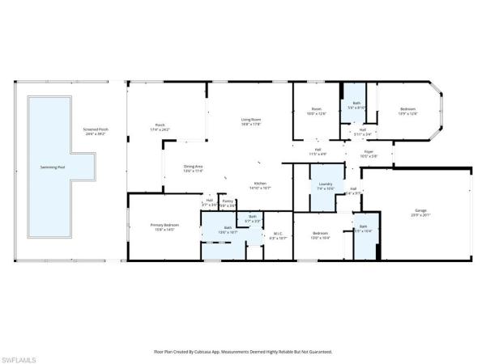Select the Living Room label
(250, 121)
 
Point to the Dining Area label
(194, 168)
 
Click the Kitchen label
(261, 185)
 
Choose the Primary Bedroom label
(164, 226)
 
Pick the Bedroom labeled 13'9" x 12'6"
(407, 111)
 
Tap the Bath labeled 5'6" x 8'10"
(356, 105)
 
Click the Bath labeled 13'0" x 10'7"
(229, 230)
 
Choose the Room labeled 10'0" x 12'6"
(317, 111)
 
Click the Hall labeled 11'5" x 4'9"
(318, 151)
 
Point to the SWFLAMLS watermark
(20, 356)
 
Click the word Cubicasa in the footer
(211, 352)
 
